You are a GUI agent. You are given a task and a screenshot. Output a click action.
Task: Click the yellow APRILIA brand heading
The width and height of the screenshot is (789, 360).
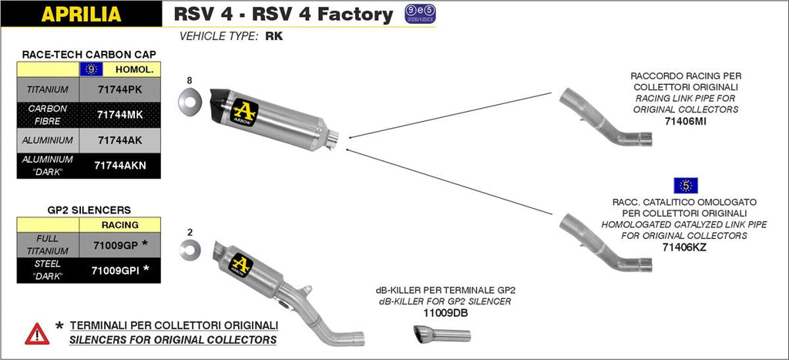point(81,14)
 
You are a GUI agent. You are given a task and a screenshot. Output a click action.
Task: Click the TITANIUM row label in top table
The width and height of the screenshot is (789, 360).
point(48,89)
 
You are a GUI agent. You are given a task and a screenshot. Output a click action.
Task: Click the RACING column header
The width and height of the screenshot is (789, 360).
point(120,224)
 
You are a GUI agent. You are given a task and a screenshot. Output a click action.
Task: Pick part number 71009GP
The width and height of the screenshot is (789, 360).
point(116,244)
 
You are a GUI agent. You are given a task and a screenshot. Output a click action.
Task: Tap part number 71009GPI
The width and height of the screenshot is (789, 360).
point(116,270)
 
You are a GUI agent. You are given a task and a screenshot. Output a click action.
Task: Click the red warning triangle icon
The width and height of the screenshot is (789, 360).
point(37,333)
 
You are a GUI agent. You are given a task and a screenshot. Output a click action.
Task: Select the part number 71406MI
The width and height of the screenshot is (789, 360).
point(684,121)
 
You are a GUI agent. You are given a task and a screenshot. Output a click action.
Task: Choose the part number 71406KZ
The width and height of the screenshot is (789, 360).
point(684,247)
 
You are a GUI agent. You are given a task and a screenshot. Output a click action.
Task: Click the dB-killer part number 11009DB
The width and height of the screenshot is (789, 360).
point(444,313)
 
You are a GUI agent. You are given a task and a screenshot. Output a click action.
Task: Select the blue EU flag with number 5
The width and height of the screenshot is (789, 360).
point(685,185)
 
